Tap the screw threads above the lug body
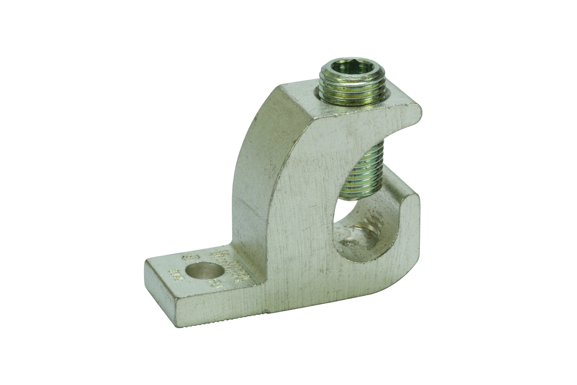point(353,92)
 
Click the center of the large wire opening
point(361,225)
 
